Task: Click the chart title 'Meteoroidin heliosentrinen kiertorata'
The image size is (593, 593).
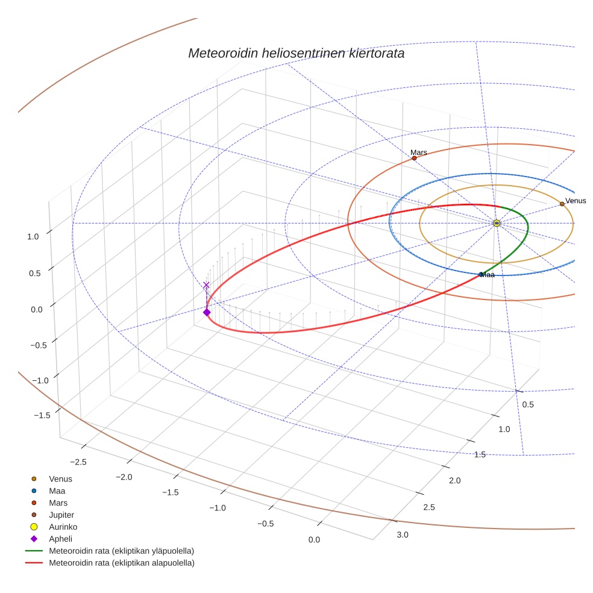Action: pyautogui.click(x=296, y=53)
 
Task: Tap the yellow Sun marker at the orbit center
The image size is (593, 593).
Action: pyautogui.click(x=497, y=223)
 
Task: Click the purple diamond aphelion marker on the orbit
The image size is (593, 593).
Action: pyautogui.click(x=207, y=312)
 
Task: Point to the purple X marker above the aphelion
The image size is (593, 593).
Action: pyautogui.click(x=207, y=285)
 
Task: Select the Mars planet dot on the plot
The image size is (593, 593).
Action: pyautogui.click(x=414, y=158)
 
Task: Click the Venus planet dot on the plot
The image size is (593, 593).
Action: pyautogui.click(x=562, y=204)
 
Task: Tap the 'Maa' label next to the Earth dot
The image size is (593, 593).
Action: pyautogui.click(x=488, y=275)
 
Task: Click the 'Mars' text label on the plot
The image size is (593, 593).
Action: pyautogui.click(x=418, y=152)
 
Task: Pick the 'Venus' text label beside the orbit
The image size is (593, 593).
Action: pyautogui.click(x=576, y=201)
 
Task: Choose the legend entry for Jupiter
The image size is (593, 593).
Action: pyautogui.click(x=61, y=515)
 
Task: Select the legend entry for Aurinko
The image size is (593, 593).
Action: pyautogui.click(x=63, y=527)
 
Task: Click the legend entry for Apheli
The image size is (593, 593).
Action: pyautogui.click(x=60, y=539)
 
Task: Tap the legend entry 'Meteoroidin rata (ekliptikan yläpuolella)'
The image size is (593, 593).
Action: pyautogui.click(x=121, y=551)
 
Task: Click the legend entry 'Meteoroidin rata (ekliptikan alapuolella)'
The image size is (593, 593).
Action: pyautogui.click(x=121, y=563)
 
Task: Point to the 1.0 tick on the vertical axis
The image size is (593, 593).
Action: pyautogui.click(x=33, y=237)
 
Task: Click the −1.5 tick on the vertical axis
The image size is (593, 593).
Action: pyautogui.click(x=41, y=415)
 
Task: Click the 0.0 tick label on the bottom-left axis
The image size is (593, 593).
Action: pyautogui.click(x=313, y=539)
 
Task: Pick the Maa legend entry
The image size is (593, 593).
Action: pyautogui.click(x=57, y=491)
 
